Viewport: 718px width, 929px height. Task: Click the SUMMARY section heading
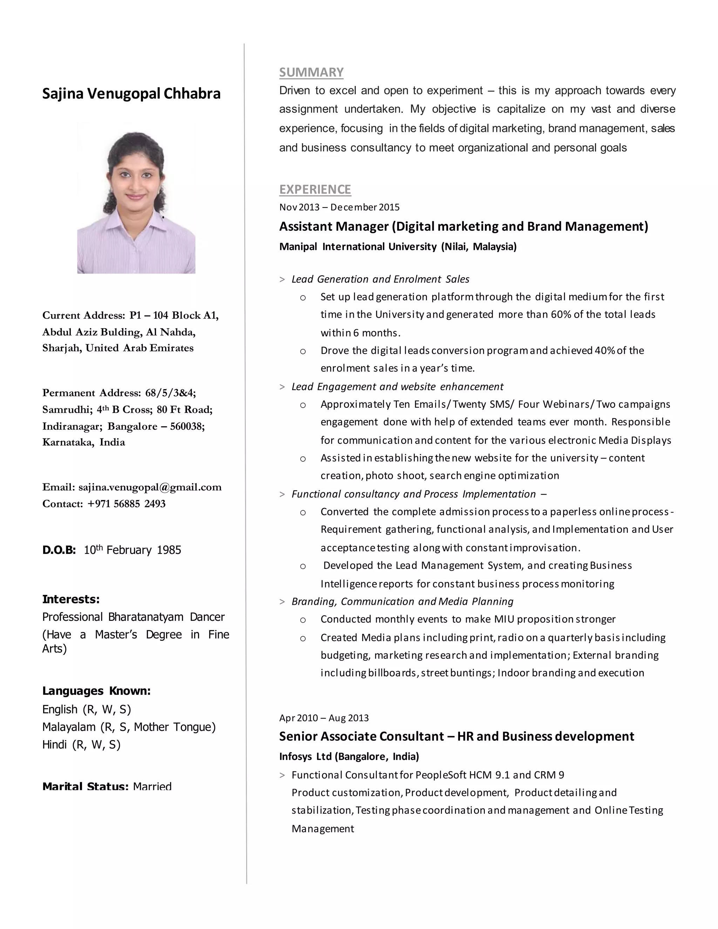click(311, 72)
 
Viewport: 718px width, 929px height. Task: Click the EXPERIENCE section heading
click(315, 189)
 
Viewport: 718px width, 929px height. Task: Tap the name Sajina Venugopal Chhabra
click(131, 94)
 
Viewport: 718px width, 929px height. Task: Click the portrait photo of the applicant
click(136, 198)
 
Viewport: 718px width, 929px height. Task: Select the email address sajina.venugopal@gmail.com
click(150, 487)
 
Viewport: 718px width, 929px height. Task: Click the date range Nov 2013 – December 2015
click(339, 207)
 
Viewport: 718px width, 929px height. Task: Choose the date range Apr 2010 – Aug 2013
click(324, 718)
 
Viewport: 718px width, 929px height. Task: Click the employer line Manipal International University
click(398, 247)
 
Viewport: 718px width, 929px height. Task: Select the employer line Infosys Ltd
click(349, 756)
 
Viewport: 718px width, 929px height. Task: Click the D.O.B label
click(59, 550)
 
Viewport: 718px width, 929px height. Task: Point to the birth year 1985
click(169, 550)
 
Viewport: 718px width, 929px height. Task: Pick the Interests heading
click(70, 599)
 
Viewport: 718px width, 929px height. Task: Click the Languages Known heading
click(96, 691)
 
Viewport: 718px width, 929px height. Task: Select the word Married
click(152, 787)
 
